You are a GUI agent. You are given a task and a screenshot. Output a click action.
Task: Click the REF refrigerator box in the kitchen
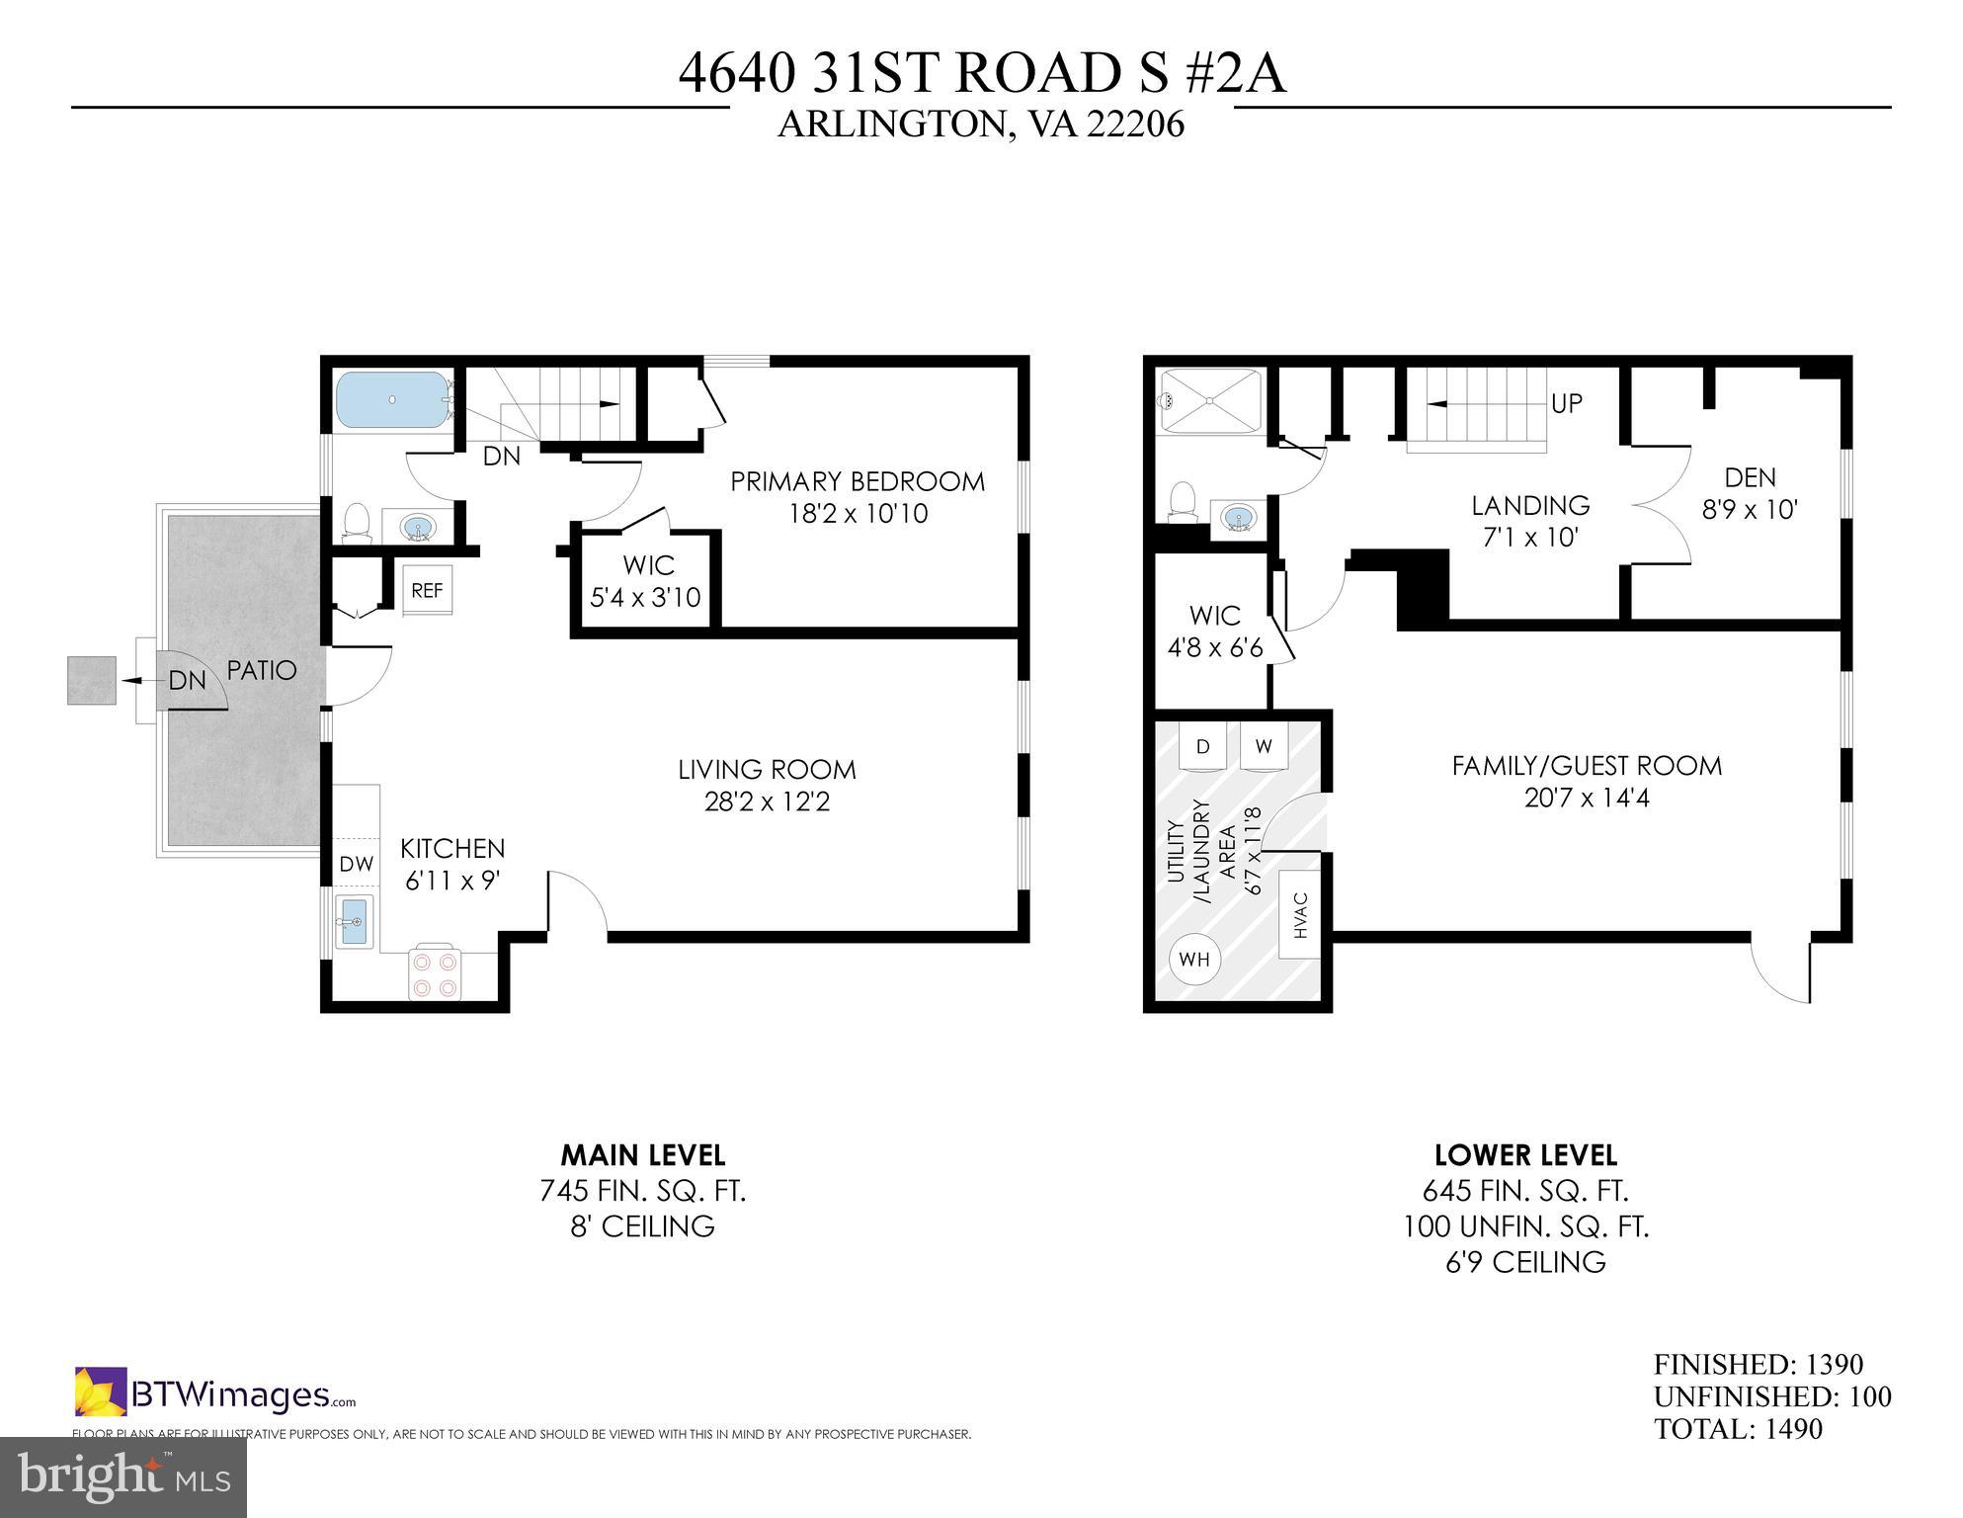427,590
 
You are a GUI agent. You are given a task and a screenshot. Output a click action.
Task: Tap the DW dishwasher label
356,864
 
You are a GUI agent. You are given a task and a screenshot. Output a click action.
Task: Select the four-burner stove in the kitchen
436,973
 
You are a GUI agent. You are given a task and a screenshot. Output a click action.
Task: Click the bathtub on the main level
392,400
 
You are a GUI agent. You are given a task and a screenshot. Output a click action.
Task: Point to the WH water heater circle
1194,959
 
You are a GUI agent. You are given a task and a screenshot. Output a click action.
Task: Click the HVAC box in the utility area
1301,914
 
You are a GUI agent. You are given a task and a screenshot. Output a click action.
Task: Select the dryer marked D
1202,747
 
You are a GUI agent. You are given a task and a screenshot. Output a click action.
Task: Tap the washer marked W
1264,747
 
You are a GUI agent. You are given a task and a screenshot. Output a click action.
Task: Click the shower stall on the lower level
1210,401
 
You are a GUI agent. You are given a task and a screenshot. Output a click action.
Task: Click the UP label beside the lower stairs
1567,403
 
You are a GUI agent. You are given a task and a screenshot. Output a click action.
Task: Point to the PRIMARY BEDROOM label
857,481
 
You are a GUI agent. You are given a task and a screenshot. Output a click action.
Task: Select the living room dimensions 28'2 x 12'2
767,801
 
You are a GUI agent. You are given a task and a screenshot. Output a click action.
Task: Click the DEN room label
1750,478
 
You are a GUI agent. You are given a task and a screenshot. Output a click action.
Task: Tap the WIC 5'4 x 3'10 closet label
646,581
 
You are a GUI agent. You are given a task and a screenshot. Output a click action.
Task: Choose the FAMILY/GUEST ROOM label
1586,766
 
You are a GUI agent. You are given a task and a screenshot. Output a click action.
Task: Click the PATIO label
261,670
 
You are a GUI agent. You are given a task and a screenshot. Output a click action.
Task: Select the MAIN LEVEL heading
643,1154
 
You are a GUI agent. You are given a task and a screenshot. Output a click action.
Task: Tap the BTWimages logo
214,1394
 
